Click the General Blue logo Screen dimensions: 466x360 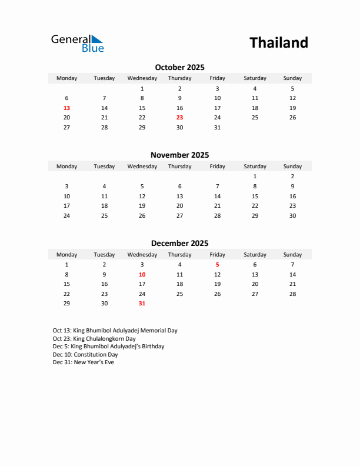[77, 43]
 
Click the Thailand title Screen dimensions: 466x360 [278, 43]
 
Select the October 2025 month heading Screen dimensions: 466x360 [179, 68]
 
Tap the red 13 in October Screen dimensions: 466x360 [66, 108]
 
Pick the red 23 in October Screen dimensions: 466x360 [179, 118]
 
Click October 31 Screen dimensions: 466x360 [217, 128]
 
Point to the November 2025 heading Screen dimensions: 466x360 [179, 155]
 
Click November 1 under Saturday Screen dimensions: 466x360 [255, 177]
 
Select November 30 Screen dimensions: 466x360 [292, 215]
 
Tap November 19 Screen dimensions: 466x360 [142, 206]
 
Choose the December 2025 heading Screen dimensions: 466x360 [179, 244]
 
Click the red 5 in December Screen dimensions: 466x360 [217, 265]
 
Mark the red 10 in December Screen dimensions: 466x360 [142, 275]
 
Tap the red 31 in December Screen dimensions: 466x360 [142, 304]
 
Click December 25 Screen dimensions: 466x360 [179, 294]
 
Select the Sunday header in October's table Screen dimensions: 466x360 [292, 78]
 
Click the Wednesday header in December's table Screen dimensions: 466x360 [142, 255]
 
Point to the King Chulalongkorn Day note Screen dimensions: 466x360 [94, 339]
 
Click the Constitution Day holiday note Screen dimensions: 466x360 [85, 355]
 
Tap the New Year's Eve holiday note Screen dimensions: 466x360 [84, 362]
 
